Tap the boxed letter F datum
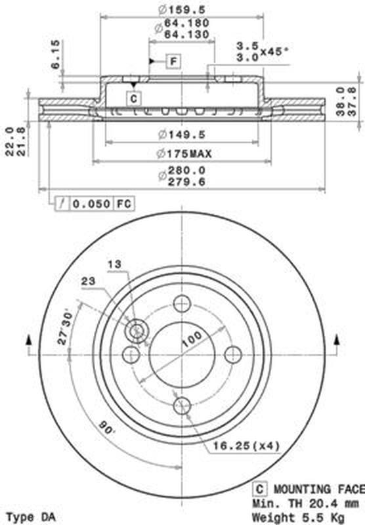coord(173,62)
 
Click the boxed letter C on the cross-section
coord(133,98)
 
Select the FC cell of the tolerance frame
coord(124,204)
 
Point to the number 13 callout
coord(114,264)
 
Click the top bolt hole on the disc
coord(182,304)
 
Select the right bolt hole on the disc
coord(233,354)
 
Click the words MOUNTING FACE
coord(317,489)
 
